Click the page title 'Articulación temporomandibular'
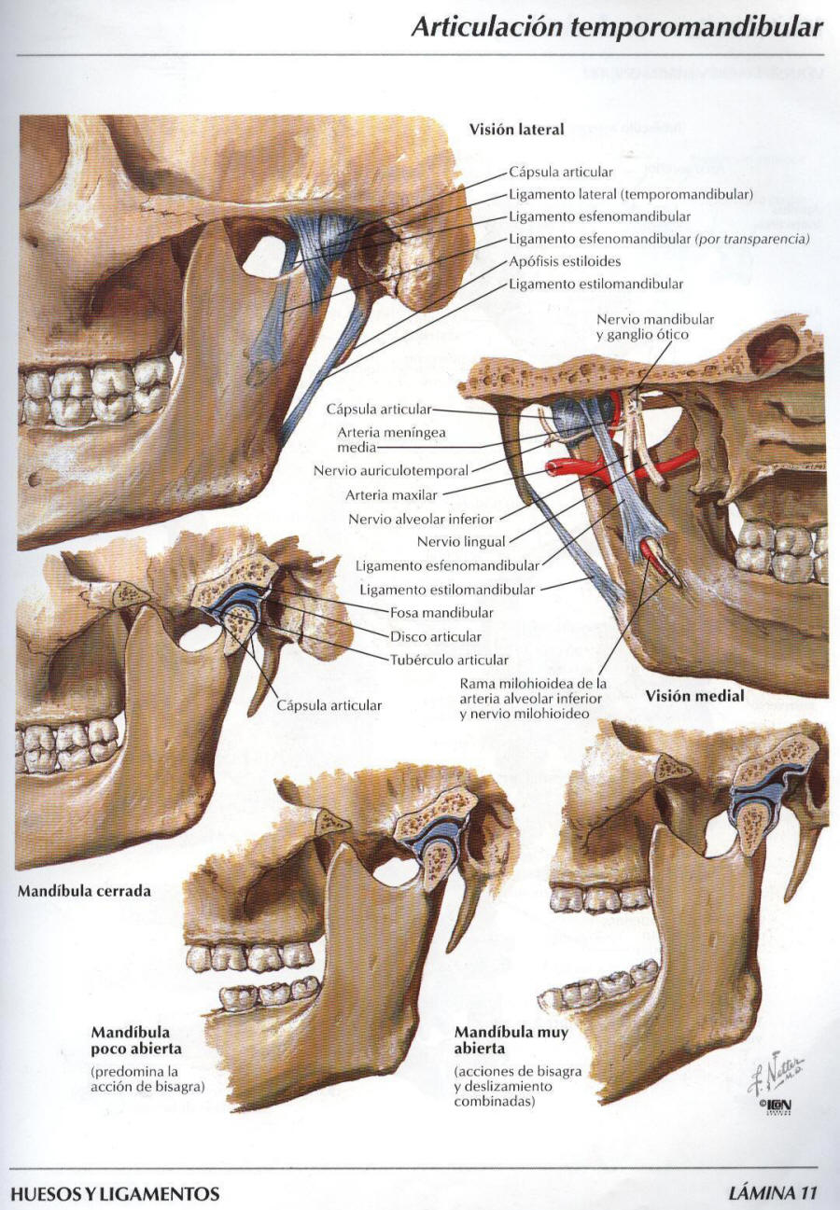click(617, 28)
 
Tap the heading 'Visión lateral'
click(516, 129)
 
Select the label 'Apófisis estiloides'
click(565, 261)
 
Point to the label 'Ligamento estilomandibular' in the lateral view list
click(596, 284)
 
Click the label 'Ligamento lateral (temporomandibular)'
click(631, 194)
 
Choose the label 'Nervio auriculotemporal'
click(391, 470)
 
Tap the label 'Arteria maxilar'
click(391, 494)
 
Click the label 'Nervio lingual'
click(461, 541)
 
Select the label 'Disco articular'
click(436, 636)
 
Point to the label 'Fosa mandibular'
click(441, 613)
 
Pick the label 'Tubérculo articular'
click(449, 660)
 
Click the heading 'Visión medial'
click(694, 696)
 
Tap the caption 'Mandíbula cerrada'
click(84, 891)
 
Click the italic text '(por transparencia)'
click(753, 239)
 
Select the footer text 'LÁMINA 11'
click(773, 1192)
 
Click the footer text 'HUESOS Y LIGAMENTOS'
click(115, 1193)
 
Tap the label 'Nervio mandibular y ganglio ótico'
click(655, 327)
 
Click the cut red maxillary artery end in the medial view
click(553, 466)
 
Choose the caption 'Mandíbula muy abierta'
click(511, 1040)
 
